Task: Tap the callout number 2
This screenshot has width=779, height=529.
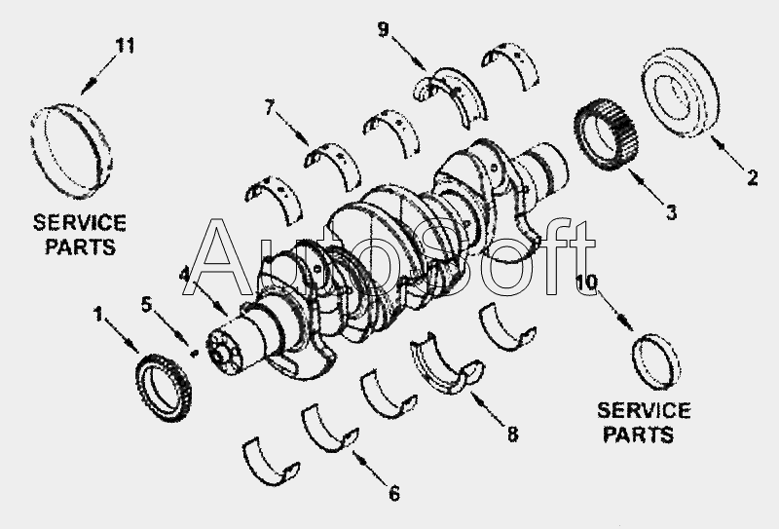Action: click(752, 177)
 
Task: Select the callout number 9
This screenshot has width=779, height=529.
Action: click(384, 30)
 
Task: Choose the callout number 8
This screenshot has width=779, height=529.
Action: click(512, 435)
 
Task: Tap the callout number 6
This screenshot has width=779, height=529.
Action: click(393, 493)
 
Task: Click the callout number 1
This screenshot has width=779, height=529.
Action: click(97, 313)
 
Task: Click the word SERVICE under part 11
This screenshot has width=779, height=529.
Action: click(80, 222)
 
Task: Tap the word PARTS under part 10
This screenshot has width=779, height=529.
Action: click(637, 434)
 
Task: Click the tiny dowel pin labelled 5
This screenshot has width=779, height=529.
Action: click(195, 354)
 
